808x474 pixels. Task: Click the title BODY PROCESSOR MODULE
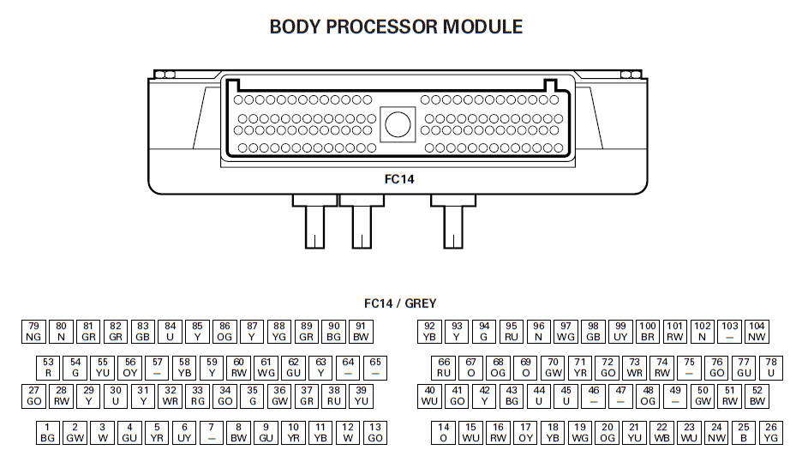pyautogui.click(x=396, y=27)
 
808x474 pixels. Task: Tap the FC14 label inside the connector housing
pyautogui.click(x=399, y=179)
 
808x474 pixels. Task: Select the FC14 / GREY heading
pyautogui.click(x=400, y=303)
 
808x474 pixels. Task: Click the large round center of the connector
pyautogui.click(x=398, y=124)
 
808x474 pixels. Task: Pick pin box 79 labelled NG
pyautogui.click(x=33, y=332)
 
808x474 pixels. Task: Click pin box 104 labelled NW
pyautogui.click(x=757, y=332)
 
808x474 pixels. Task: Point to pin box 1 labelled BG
pyautogui.click(x=47, y=433)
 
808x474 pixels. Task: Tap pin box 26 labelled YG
pyautogui.click(x=771, y=433)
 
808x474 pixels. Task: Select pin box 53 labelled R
pyautogui.click(x=48, y=368)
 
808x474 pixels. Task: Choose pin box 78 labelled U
pyautogui.click(x=771, y=368)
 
